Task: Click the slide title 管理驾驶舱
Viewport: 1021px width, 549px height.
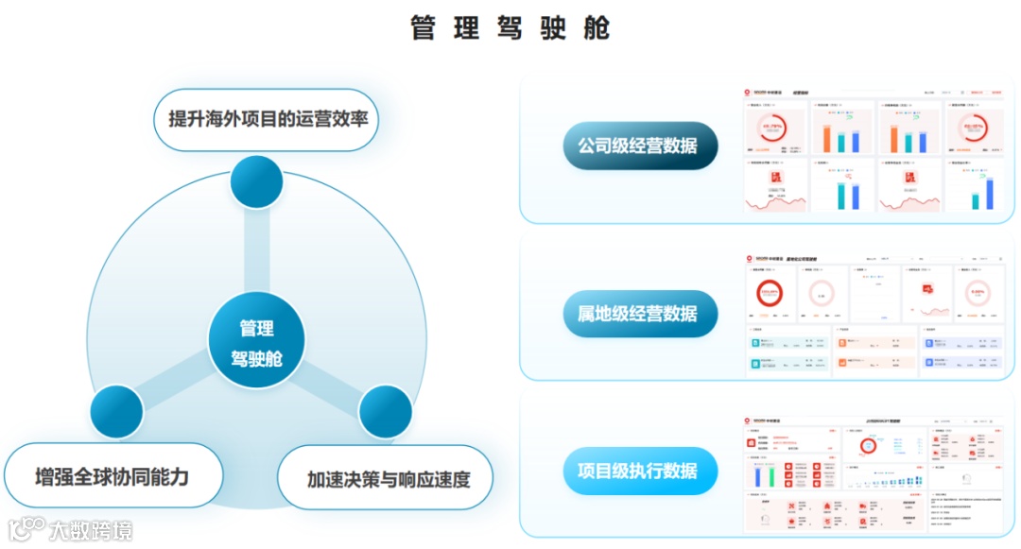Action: coord(510,28)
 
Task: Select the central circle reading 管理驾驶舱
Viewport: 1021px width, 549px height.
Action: coord(256,342)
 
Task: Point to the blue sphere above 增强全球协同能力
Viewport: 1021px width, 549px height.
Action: coord(116,412)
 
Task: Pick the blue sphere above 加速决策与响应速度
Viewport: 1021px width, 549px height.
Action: coord(386,412)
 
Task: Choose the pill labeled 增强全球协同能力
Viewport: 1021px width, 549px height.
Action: coord(112,475)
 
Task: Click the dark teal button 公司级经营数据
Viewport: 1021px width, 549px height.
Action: coord(638,146)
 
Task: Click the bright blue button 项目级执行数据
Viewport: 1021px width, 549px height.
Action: coord(638,471)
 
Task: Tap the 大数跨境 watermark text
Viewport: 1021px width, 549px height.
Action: coord(91,530)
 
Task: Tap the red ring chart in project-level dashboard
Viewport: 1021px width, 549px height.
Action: coord(867,445)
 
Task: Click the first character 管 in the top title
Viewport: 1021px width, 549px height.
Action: coord(423,28)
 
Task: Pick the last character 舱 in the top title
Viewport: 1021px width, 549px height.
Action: coord(597,28)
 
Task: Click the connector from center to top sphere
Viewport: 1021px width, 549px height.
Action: coord(256,250)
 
